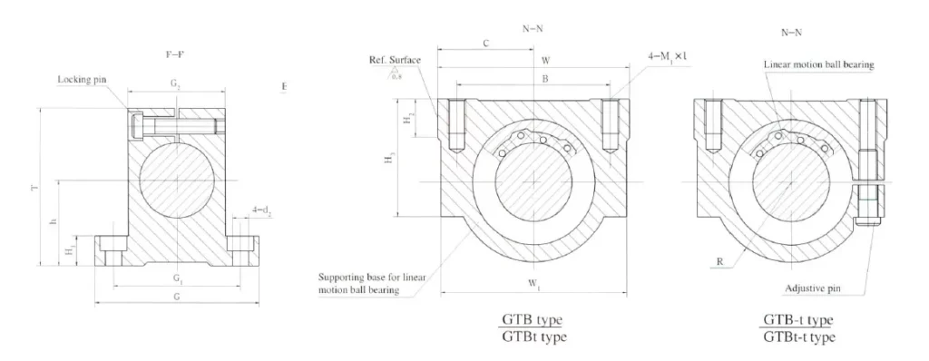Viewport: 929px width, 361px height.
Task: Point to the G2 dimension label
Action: pos(176,83)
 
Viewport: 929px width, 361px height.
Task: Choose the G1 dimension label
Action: pos(179,276)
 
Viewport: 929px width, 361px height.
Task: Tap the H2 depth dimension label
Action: pos(409,119)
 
